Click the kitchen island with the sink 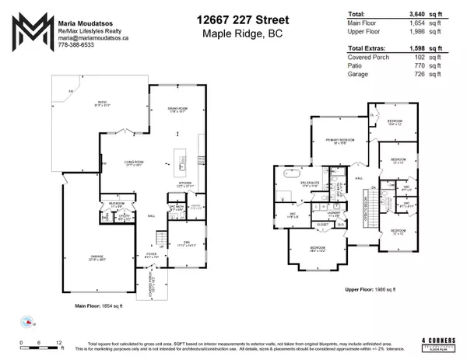181,163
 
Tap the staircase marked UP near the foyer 160,238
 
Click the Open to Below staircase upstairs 375,210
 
